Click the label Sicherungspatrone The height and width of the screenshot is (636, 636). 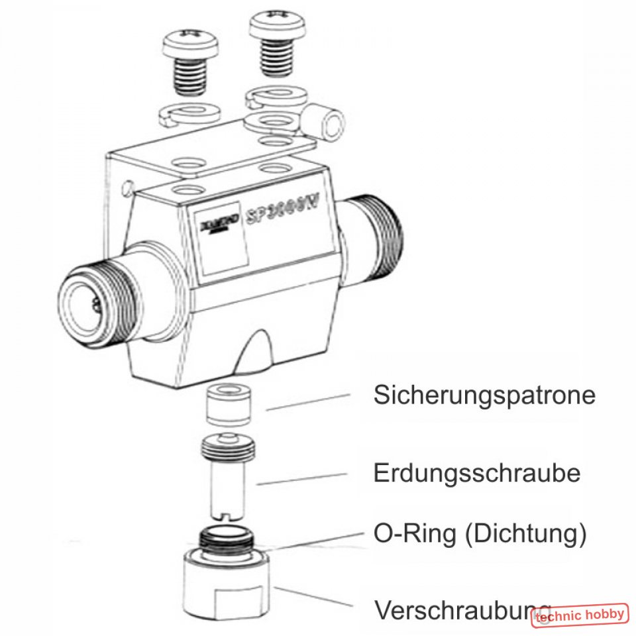(x=484, y=396)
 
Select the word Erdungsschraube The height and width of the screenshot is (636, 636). (x=477, y=474)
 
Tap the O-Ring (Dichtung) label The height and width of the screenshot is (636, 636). (x=480, y=534)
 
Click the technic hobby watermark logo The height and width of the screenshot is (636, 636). (x=580, y=615)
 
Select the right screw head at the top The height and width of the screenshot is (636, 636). (x=276, y=26)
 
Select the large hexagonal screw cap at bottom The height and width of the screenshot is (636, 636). (x=227, y=583)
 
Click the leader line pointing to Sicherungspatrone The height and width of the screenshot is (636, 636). (x=308, y=401)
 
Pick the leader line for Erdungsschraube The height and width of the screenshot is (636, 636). (x=301, y=479)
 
